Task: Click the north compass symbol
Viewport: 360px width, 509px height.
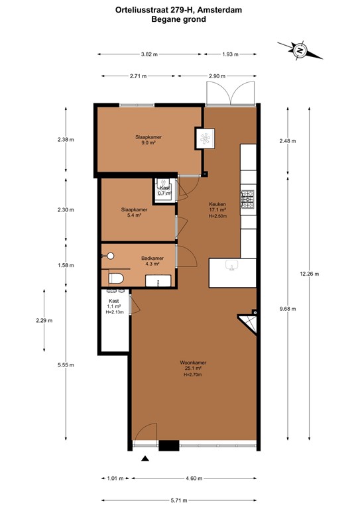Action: pyautogui.click(x=299, y=50)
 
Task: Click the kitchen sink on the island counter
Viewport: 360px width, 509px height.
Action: pyautogui.click(x=231, y=265)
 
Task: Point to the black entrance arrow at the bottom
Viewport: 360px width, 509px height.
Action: pyautogui.click(x=145, y=458)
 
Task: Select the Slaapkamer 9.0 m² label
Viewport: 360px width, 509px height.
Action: pyautogui.click(x=149, y=140)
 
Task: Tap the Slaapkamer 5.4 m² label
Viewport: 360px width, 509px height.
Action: pyautogui.click(x=134, y=212)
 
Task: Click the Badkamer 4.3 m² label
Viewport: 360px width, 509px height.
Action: pyautogui.click(x=152, y=261)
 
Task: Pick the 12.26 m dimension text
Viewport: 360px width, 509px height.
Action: pyautogui.click(x=309, y=274)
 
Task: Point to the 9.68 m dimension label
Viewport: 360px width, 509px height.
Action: pyautogui.click(x=288, y=308)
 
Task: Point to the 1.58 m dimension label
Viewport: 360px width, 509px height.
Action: pyautogui.click(x=66, y=265)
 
